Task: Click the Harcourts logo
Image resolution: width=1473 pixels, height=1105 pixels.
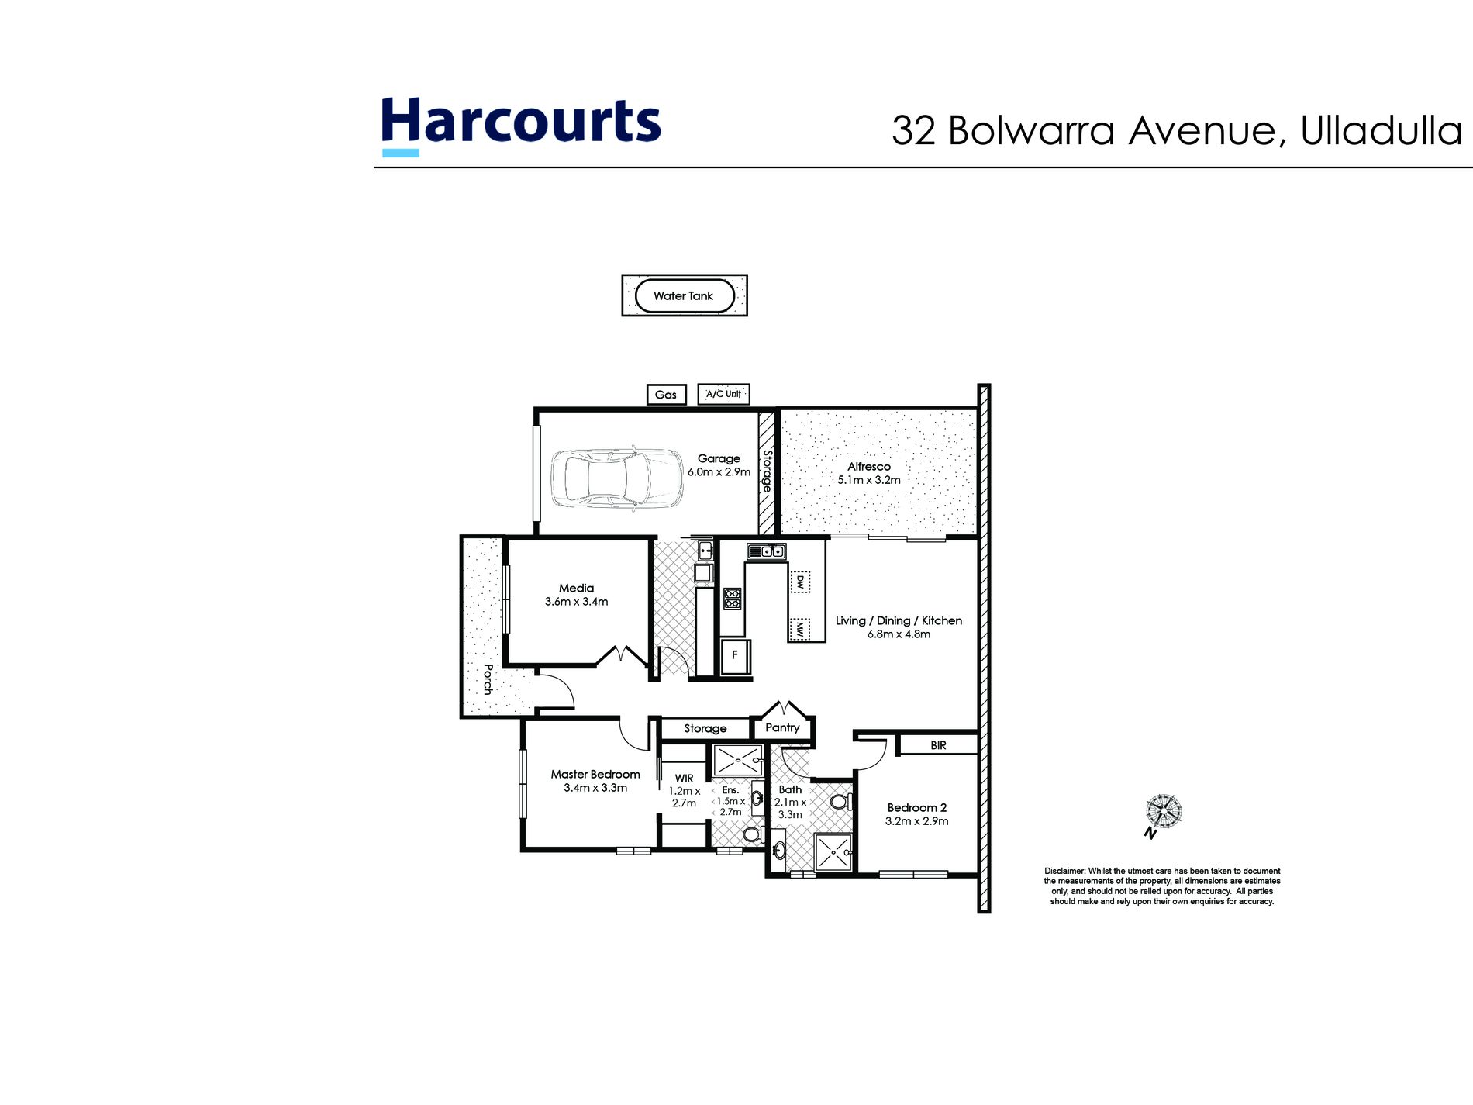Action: (x=520, y=124)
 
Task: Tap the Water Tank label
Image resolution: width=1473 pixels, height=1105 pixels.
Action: (x=683, y=295)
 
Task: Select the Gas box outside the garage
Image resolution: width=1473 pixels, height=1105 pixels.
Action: (x=666, y=395)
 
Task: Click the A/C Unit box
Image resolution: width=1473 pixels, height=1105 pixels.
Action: (x=723, y=394)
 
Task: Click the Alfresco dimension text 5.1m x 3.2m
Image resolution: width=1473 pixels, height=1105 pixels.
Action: (x=869, y=480)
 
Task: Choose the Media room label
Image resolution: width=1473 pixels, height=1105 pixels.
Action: (x=576, y=588)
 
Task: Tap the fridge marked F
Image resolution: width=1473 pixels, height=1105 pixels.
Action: (x=735, y=656)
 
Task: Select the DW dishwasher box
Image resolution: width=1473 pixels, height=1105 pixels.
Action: (x=800, y=582)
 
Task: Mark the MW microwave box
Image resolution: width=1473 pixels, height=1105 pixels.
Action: (x=800, y=629)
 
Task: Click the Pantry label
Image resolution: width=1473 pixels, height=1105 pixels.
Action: (x=782, y=727)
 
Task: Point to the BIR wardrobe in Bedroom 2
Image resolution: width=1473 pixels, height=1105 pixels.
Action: (x=938, y=745)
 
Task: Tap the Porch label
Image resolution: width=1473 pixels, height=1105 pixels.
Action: (x=488, y=679)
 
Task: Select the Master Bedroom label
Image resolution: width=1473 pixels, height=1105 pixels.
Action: (x=595, y=774)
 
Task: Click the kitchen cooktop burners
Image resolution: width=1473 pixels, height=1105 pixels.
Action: (x=732, y=598)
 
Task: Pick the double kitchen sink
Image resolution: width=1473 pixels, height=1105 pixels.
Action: (x=766, y=551)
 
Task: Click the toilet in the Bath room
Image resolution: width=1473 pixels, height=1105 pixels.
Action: (x=840, y=801)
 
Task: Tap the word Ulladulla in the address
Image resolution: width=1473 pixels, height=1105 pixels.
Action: (x=1382, y=130)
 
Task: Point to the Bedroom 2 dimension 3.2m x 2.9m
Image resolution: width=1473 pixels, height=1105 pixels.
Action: (x=917, y=821)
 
